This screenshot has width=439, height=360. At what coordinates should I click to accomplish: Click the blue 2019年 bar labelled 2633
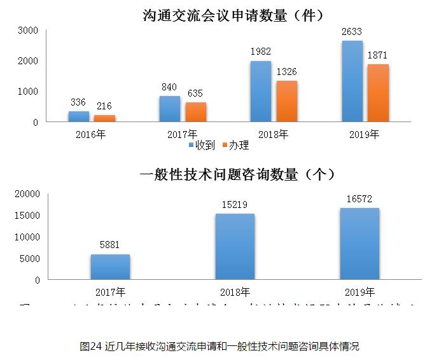pyautogui.click(x=352, y=81)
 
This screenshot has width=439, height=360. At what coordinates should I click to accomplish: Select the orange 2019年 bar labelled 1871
pyautogui.click(x=378, y=93)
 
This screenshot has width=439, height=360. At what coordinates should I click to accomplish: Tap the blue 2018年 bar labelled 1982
pyautogui.click(x=261, y=91)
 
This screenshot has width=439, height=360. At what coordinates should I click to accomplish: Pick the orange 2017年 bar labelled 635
pyautogui.click(x=195, y=111)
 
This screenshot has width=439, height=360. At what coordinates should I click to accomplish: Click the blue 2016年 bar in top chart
pyautogui.click(x=79, y=116)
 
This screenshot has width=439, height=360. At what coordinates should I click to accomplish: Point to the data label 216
pyautogui.click(x=104, y=106)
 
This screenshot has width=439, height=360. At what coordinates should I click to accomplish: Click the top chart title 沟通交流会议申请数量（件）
pyautogui.click(x=219, y=13)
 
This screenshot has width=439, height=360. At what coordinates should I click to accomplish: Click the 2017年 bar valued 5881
pyautogui.click(x=110, y=267)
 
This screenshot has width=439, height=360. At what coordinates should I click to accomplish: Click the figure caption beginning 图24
pyautogui.click(x=219, y=346)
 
